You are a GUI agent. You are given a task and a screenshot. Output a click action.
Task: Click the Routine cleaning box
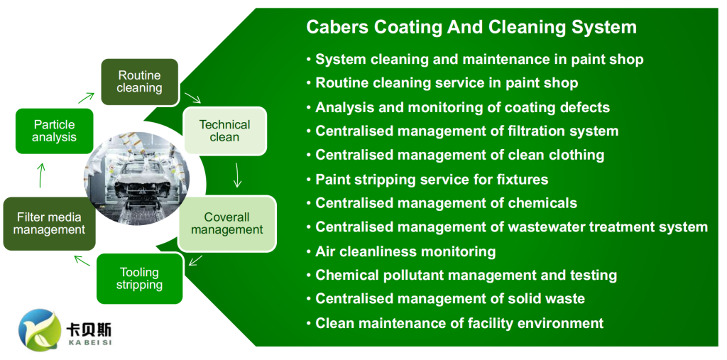click(140, 82)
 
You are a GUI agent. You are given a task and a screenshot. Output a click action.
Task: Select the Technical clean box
click(225, 131)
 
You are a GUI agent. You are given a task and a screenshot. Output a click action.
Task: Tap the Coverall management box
click(226, 224)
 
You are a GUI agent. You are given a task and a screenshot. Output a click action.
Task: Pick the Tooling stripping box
click(140, 278)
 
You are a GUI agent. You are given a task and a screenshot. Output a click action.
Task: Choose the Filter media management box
click(49, 224)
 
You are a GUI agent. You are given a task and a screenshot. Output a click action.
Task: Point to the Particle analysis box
click(54, 131)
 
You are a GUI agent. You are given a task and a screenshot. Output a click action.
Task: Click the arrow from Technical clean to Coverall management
click(237, 175)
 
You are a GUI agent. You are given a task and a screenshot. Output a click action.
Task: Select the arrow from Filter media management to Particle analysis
click(40, 175)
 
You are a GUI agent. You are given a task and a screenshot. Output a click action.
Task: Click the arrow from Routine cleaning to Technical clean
click(192, 97)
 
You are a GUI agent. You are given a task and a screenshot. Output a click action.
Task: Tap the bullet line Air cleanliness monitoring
click(401, 251)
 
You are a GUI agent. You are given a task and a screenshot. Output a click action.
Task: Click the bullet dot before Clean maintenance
click(309, 324)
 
